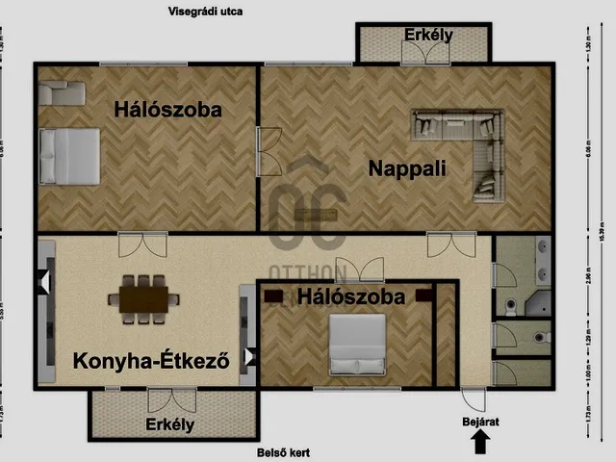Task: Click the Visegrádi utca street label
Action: click(205, 13)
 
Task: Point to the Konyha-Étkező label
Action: click(151, 362)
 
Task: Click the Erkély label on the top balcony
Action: click(428, 36)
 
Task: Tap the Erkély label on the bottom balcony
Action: click(170, 423)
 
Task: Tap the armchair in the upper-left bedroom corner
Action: click(61, 93)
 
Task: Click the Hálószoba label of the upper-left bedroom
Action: click(167, 110)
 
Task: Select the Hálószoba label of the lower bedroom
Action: click(350, 297)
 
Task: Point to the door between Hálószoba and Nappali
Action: click(268, 151)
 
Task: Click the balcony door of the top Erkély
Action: click(421, 54)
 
